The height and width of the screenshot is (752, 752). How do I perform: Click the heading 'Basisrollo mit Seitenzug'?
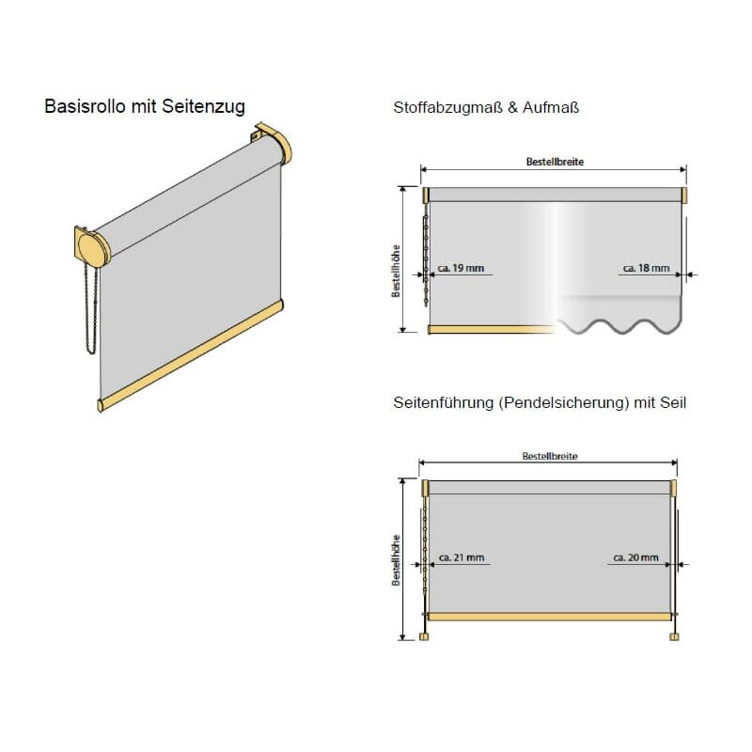tap(145, 106)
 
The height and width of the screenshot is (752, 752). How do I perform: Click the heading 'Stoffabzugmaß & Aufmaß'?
tap(486, 107)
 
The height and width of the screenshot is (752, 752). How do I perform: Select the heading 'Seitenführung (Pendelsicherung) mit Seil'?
tap(540, 402)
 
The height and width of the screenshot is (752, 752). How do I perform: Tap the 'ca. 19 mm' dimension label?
tap(461, 268)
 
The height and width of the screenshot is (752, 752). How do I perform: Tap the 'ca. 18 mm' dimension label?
tap(646, 268)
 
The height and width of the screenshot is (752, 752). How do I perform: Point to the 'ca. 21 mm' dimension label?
tap(462, 557)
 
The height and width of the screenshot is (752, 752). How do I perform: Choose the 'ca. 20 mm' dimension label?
tap(635, 557)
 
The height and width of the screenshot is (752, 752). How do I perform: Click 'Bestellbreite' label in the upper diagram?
tap(555, 162)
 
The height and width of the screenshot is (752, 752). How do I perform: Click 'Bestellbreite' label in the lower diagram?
tap(550, 456)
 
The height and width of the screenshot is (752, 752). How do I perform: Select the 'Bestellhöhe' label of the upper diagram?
tap(396, 271)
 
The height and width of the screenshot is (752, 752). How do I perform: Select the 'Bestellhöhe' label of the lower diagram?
tap(396, 560)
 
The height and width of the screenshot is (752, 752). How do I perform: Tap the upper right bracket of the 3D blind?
tap(273, 143)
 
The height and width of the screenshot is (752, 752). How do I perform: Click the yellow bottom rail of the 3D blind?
tap(190, 355)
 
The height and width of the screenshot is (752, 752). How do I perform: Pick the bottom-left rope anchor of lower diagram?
tap(424, 636)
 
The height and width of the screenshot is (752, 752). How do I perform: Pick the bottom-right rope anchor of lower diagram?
tap(674, 636)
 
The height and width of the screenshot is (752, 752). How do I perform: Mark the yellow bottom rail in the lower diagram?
tap(549, 617)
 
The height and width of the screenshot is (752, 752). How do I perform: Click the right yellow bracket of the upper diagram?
tap(684, 196)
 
